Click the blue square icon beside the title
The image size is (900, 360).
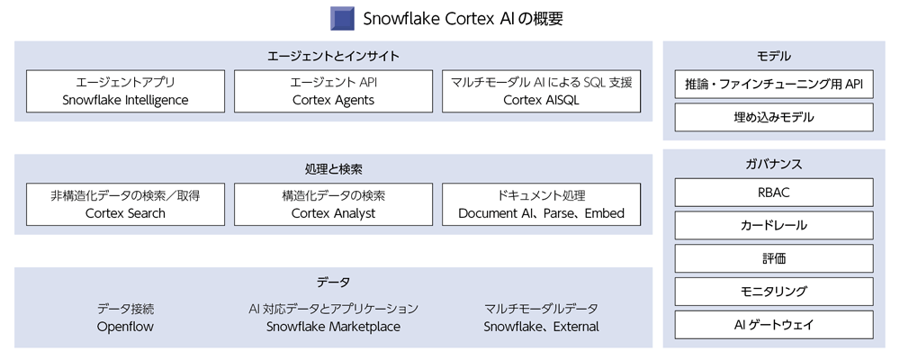tap(342, 18)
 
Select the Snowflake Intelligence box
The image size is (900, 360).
tap(125, 91)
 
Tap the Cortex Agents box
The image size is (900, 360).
tap(334, 91)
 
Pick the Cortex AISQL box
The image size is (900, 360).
tap(541, 91)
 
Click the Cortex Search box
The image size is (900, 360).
tap(125, 204)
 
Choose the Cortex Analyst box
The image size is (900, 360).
tap(334, 204)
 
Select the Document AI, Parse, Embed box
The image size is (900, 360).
tap(541, 204)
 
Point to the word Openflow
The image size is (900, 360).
tap(125, 327)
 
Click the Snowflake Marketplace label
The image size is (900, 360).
tap(334, 327)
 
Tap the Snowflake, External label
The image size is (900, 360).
tap(541, 327)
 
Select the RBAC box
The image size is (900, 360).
tap(774, 193)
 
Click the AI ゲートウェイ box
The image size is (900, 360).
tap(774, 325)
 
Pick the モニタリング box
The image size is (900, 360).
tap(774, 292)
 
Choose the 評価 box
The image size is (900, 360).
tap(774, 258)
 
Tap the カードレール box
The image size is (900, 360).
tap(774, 225)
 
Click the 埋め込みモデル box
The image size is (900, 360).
tap(774, 118)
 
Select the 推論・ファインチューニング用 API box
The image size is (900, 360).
tap(774, 85)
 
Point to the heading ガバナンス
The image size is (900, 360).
tap(774, 164)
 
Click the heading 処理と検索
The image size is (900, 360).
tap(334, 169)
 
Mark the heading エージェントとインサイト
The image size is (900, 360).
tap(334, 57)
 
